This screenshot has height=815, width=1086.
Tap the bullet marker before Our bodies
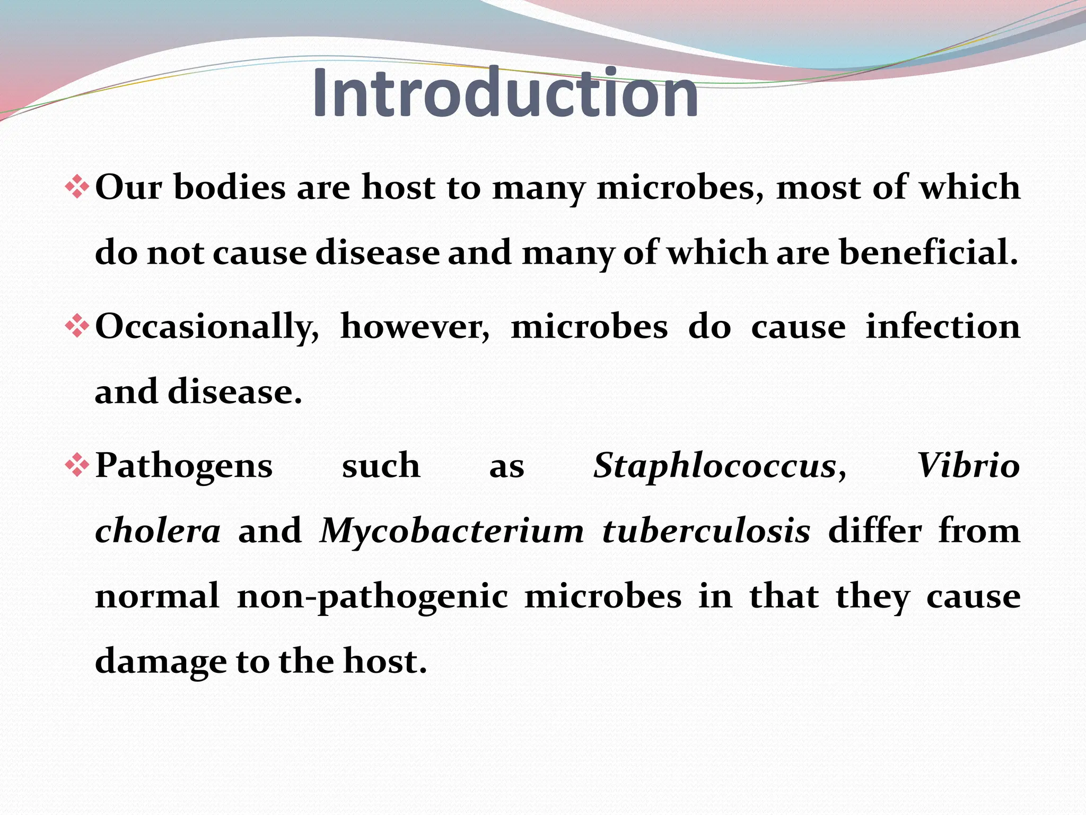pyautogui.click(x=77, y=188)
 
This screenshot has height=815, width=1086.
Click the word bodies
pyautogui.click(x=230, y=188)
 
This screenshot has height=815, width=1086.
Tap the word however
pyautogui.click(x=415, y=327)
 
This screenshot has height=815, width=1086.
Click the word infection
pyautogui.click(x=943, y=327)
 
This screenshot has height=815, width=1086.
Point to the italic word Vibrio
pyautogui.click(x=968, y=466)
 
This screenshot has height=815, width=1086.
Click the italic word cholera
pyautogui.click(x=157, y=531)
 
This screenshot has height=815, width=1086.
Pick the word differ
pyautogui.click(x=874, y=531)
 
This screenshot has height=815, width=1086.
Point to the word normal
pyautogui.click(x=157, y=596)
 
